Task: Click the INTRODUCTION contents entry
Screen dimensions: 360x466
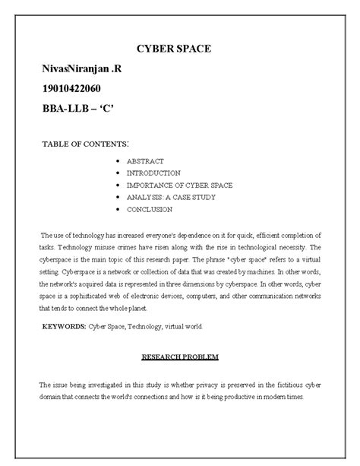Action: (153, 173)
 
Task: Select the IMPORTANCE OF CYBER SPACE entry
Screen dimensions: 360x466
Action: (179, 185)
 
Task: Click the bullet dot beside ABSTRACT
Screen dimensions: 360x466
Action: (114, 162)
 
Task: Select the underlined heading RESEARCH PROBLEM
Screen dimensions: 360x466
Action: (179, 356)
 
